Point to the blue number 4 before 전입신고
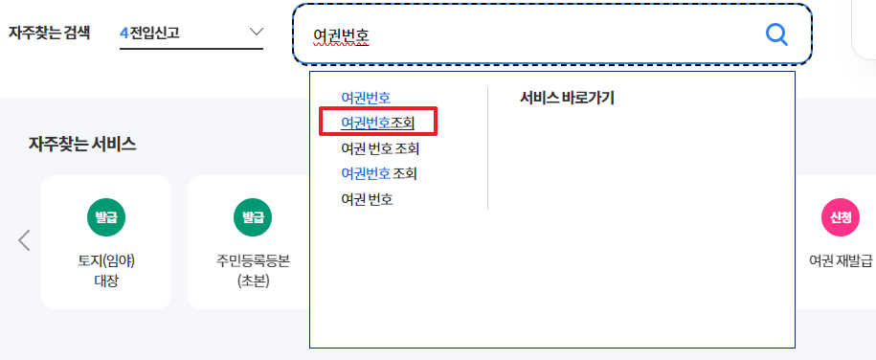click(x=124, y=33)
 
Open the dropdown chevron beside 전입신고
click(x=256, y=33)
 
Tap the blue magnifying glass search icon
click(x=776, y=35)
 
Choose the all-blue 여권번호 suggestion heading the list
click(x=366, y=98)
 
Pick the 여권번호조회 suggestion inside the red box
click(x=378, y=124)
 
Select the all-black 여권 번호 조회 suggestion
click(x=380, y=148)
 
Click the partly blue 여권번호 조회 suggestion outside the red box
click(x=379, y=173)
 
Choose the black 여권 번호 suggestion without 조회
click(x=367, y=199)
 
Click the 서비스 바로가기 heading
click(x=567, y=98)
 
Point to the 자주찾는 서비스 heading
click(x=82, y=146)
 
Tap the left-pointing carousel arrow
click(x=25, y=240)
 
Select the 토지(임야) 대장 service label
click(x=105, y=270)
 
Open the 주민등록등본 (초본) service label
click(x=252, y=270)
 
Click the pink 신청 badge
click(x=841, y=217)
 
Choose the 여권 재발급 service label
click(x=841, y=260)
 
